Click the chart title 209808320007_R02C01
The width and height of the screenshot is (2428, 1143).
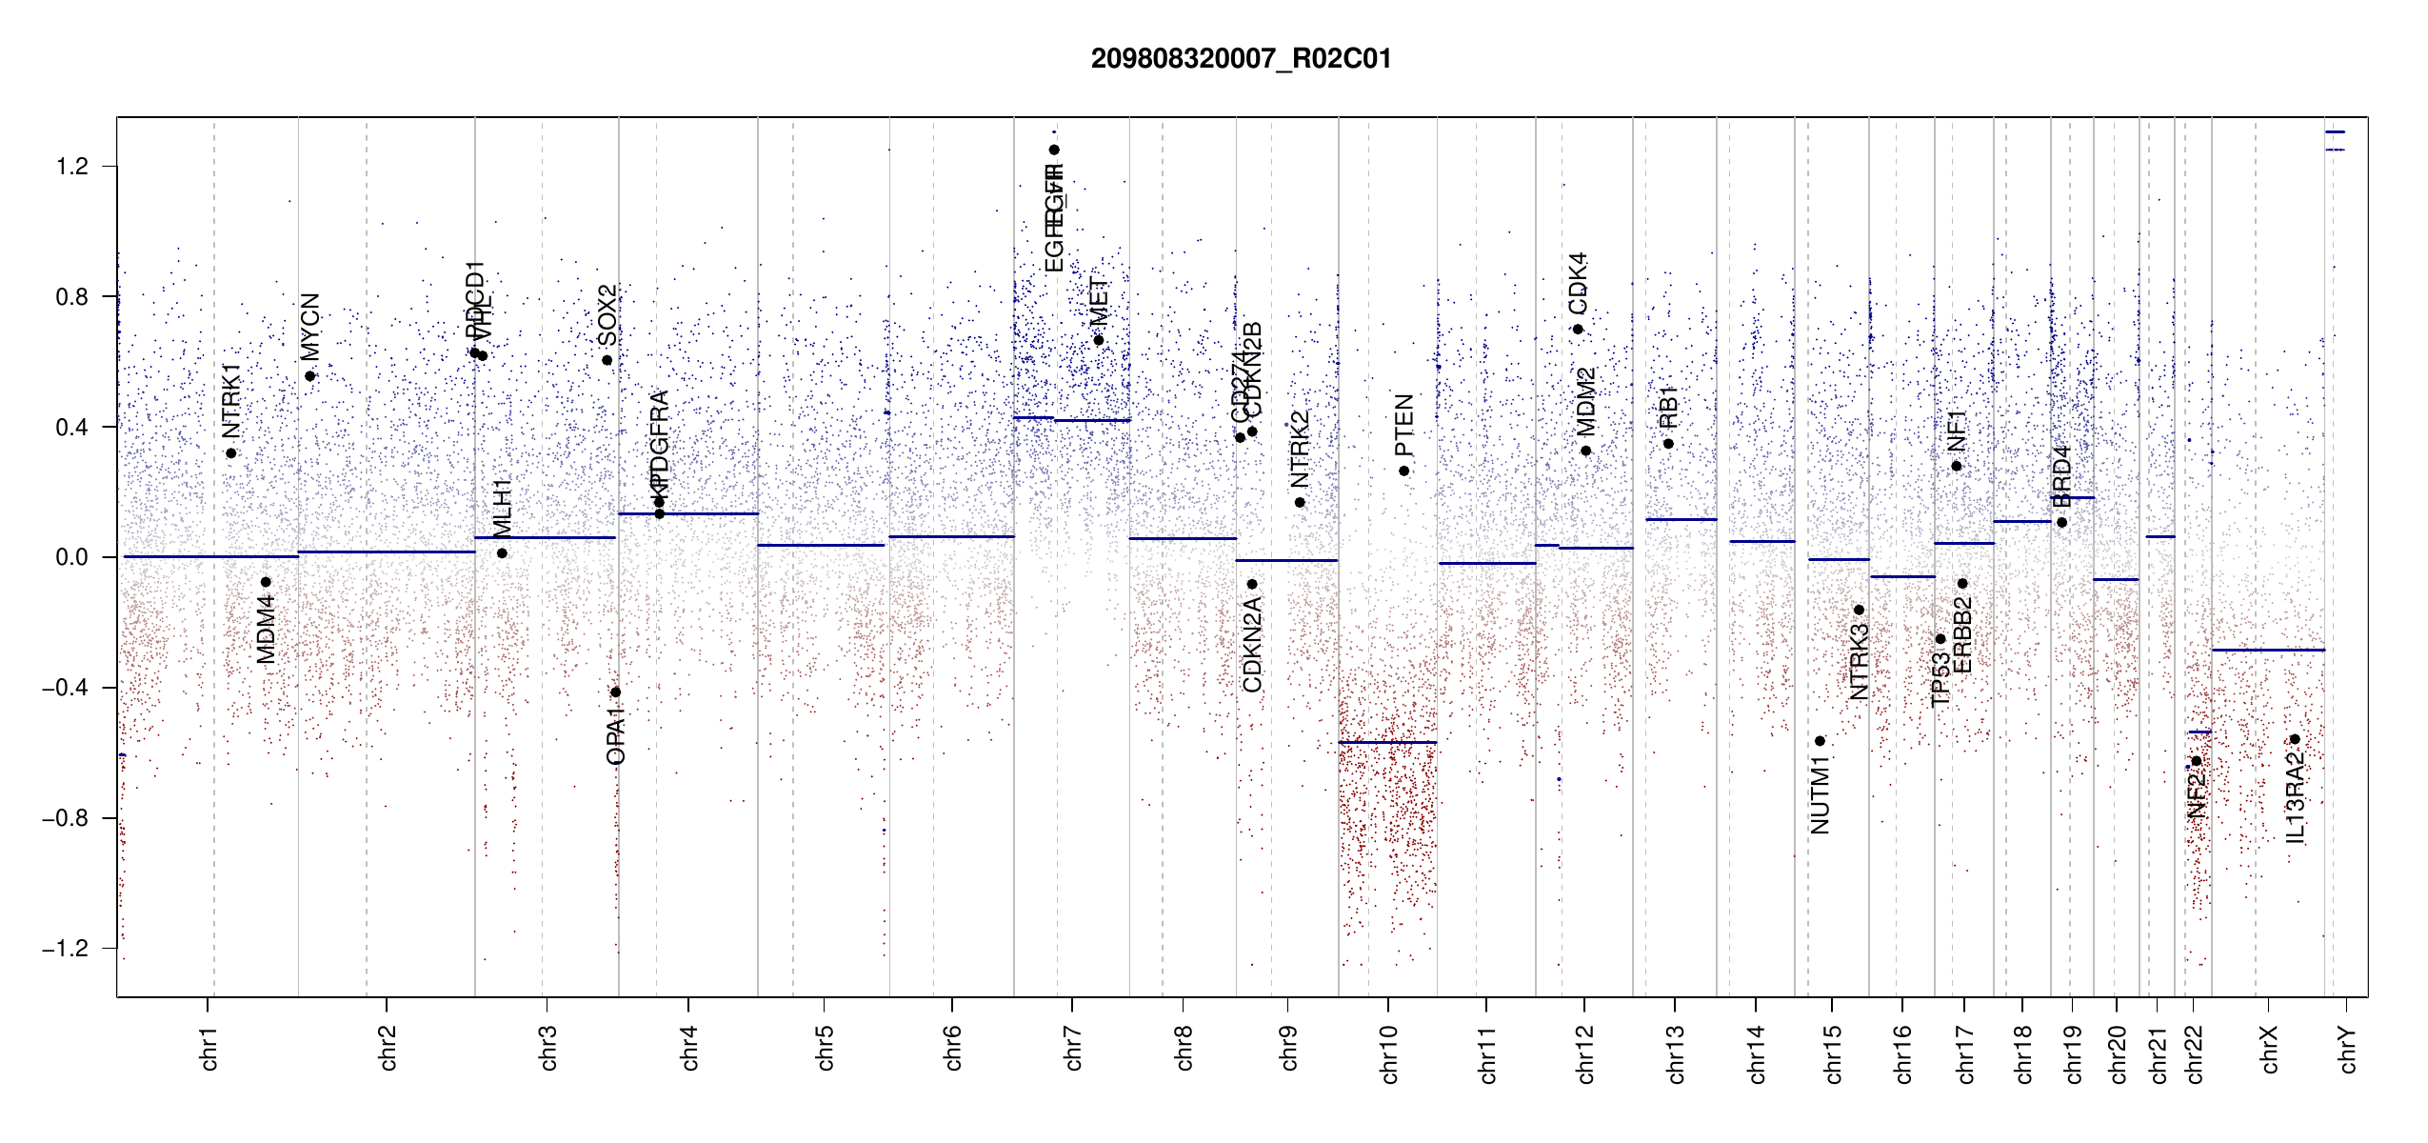tap(1241, 59)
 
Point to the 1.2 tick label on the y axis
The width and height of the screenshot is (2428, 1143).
tap(71, 167)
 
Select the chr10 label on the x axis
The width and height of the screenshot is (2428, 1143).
tap(1389, 1053)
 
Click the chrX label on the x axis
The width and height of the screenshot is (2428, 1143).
tap(2269, 1049)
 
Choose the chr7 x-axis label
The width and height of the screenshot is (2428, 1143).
tap(1073, 1048)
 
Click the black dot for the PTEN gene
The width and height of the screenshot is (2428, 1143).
tap(1403, 471)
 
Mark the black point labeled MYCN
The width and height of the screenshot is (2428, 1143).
tap(309, 376)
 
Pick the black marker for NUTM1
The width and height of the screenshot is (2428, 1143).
tap(1820, 741)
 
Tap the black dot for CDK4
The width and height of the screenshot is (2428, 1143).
tap(1578, 330)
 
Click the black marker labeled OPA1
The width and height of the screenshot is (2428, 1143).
tap(615, 692)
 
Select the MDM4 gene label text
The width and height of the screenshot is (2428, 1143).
tap(266, 629)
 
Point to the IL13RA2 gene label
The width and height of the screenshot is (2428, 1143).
tap(2295, 796)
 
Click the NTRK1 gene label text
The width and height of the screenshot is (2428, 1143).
tap(231, 399)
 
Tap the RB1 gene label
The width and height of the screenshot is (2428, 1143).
tap(1668, 407)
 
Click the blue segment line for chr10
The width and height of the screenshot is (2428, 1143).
tap(1386, 742)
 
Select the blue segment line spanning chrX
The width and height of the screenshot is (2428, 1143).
tap(2267, 650)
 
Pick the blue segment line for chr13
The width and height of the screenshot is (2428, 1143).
tap(1681, 519)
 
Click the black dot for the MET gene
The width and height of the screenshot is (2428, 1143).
tap(1098, 340)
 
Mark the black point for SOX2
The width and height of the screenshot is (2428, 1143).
tap(607, 360)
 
